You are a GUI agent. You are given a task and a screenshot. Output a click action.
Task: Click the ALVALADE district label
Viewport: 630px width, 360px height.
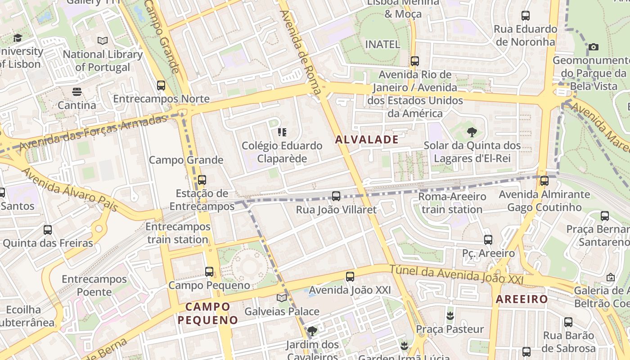(x=367, y=139)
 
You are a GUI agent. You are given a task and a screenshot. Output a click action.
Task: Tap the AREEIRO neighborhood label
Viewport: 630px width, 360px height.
(x=522, y=299)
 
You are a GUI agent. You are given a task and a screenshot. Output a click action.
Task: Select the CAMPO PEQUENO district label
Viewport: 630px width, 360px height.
(x=207, y=313)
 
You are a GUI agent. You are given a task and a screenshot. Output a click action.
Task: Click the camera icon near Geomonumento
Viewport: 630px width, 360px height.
(x=593, y=47)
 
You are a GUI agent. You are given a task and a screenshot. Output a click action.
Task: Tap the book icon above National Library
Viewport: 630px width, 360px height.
(x=103, y=40)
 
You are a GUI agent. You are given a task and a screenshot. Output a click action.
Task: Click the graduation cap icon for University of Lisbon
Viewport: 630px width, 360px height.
(x=18, y=38)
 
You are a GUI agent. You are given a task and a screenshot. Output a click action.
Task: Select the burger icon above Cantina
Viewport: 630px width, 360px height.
(x=77, y=92)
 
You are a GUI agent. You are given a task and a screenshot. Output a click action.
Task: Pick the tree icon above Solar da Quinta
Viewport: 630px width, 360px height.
(x=472, y=132)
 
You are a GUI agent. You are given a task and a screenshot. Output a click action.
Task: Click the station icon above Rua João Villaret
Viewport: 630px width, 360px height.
(x=336, y=196)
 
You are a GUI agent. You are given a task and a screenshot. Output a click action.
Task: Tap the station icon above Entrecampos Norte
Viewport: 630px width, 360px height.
(x=161, y=85)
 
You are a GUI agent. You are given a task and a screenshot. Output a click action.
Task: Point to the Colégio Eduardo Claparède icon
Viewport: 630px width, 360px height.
(x=282, y=132)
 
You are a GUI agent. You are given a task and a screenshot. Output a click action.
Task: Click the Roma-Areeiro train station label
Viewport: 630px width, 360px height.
(x=452, y=203)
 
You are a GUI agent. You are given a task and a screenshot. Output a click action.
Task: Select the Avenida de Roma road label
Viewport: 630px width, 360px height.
(x=301, y=52)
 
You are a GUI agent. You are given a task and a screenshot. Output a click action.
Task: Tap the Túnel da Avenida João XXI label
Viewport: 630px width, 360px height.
(x=456, y=274)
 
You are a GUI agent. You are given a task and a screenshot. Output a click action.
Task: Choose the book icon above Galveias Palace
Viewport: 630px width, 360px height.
(x=282, y=298)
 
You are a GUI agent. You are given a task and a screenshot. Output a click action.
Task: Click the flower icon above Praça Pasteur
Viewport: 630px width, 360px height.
(x=450, y=315)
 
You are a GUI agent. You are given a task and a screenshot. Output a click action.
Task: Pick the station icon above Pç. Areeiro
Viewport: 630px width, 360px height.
(x=488, y=239)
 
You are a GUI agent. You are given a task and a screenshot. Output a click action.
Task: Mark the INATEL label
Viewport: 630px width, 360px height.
(x=382, y=44)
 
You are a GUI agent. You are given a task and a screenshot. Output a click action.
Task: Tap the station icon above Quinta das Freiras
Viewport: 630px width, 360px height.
(x=48, y=229)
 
